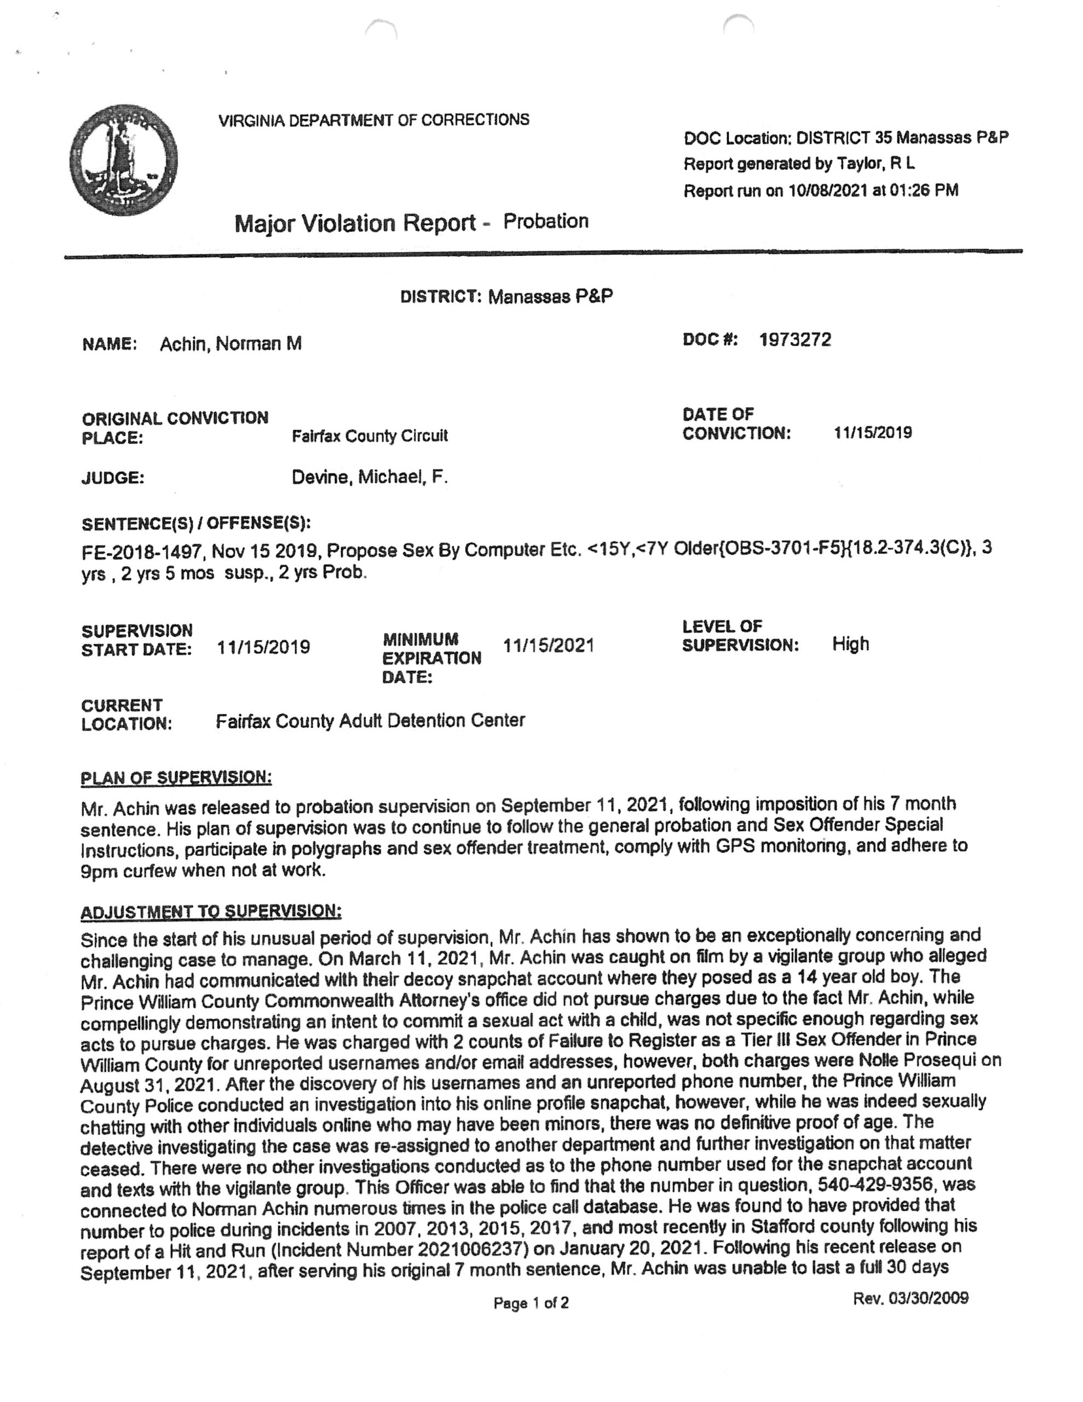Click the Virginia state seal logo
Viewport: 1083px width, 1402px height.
coord(123,160)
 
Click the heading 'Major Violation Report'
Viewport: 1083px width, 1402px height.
coord(355,223)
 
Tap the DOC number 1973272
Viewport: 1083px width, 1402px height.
coord(795,340)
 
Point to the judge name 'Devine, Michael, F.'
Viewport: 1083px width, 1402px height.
coord(369,477)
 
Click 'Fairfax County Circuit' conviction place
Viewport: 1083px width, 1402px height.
coord(369,436)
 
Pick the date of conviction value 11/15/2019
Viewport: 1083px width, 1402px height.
coord(872,433)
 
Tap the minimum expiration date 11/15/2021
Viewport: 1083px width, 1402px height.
coord(548,645)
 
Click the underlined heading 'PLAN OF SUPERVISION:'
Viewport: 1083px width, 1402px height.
coord(176,778)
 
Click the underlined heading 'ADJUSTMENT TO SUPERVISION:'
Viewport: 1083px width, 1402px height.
coord(211,911)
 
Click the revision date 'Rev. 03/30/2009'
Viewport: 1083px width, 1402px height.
coord(909,1298)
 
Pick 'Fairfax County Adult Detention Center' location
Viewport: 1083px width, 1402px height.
coord(370,721)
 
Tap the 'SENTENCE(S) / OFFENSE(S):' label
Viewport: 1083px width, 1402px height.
coord(196,523)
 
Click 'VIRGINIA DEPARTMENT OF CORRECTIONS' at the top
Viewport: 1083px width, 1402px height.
coord(373,120)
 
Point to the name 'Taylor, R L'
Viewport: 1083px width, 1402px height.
coord(875,164)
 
